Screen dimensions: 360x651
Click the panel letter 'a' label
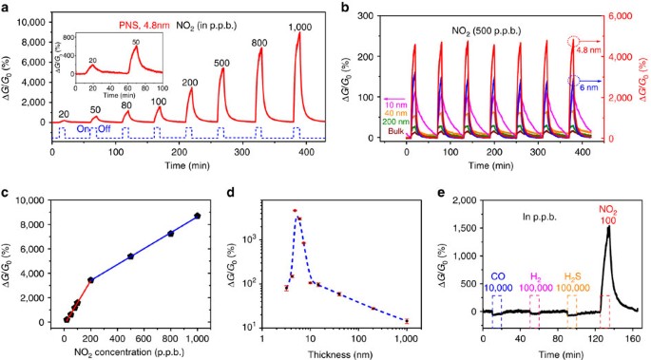[x=9, y=9]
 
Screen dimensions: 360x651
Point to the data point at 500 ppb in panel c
[x=130, y=256]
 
